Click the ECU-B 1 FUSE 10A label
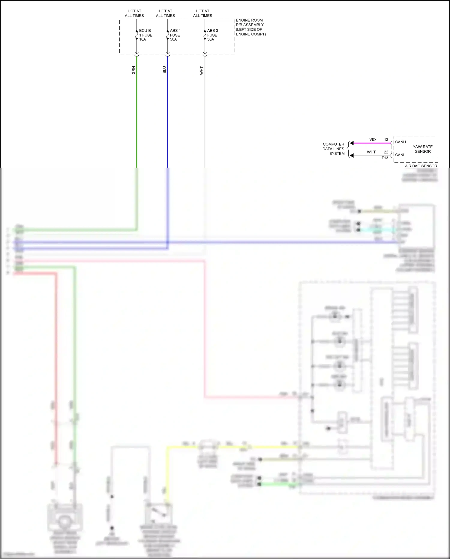145,35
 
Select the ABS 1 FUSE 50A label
175,35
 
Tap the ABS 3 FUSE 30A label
212,35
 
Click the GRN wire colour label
133,70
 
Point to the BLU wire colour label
164,70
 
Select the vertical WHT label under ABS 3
202,71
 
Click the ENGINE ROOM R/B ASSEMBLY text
250,27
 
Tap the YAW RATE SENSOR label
422,149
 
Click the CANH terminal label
400,142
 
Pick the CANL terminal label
400,155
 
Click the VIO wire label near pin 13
372,140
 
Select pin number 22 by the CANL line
386,152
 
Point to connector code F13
385,158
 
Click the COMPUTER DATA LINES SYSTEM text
333,149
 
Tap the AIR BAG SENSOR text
421,166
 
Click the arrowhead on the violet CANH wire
352,143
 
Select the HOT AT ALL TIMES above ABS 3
202,13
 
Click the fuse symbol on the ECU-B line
136,35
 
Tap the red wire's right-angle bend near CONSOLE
205,397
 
